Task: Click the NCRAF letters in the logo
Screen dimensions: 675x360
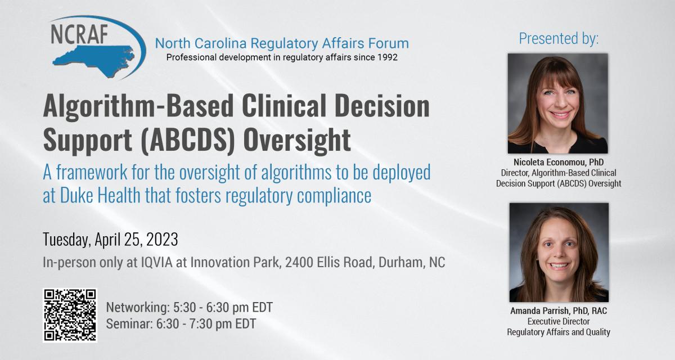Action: point(79,34)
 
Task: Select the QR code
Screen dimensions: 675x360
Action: point(70,316)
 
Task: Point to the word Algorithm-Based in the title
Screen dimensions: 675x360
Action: point(138,107)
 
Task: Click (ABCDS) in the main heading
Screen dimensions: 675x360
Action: point(188,140)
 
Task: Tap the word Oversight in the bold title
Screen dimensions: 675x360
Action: point(297,140)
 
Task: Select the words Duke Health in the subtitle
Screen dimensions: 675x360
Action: point(100,195)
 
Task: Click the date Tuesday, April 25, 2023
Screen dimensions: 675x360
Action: point(110,240)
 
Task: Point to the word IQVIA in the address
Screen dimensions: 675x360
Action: point(157,262)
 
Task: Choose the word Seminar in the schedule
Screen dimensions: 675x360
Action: point(129,324)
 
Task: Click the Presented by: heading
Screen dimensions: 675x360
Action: point(559,39)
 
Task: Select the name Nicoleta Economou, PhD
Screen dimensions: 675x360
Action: point(559,162)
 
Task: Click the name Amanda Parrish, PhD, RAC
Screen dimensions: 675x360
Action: point(559,310)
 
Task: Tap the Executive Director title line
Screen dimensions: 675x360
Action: point(559,321)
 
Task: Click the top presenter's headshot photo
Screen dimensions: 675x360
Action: point(558,103)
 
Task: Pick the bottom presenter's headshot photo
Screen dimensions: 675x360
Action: point(559,253)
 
